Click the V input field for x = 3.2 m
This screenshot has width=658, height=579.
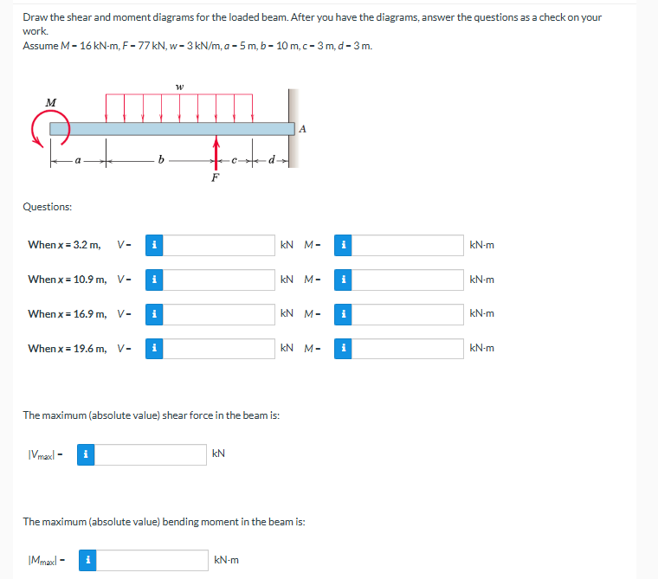tap(219, 245)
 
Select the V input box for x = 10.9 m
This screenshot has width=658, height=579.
tap(219, 280)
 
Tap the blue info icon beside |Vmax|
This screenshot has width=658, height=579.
tap(86, 454)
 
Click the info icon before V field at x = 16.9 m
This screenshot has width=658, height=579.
tap(152, 313)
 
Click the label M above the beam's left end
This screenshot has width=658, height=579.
tap(51, 102)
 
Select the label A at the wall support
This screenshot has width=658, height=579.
tap(301, 129)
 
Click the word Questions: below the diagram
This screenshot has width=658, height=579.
tap(48, 207)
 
